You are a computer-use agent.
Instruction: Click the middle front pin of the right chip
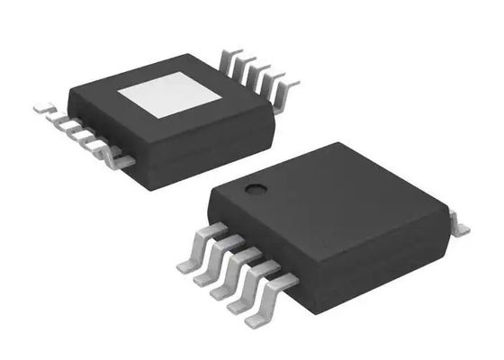pyautogui.click(x=227, y=274)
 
